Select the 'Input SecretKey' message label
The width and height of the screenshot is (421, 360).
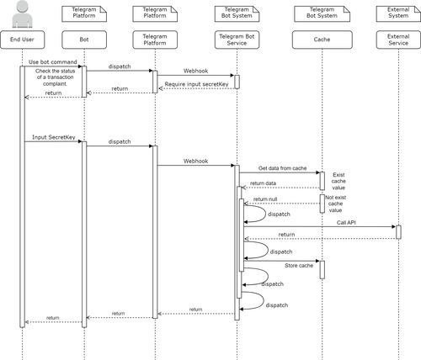51,137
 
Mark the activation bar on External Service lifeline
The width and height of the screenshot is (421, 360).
397,231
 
